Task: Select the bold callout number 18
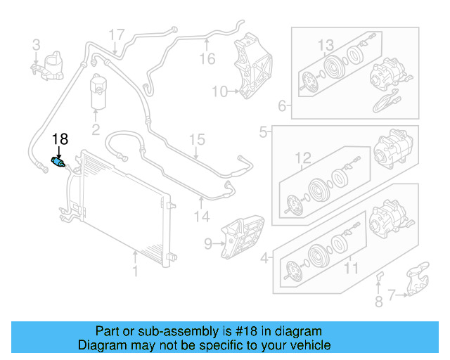[x=60, y=139]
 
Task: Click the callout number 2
[x=96, y=129]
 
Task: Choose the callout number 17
[x=116, y=34]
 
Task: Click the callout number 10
[x=219, y=91]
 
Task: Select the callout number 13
[x=326, y=46]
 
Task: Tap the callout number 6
[x=283, y=107]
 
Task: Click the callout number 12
[x=302, y=157]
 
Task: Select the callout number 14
[x=202, y=217]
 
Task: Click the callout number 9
[x=208, y=244]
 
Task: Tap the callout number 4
[x=264, y=258]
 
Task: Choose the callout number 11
[x=350, y=268]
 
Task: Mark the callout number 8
[x=378, y=302]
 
